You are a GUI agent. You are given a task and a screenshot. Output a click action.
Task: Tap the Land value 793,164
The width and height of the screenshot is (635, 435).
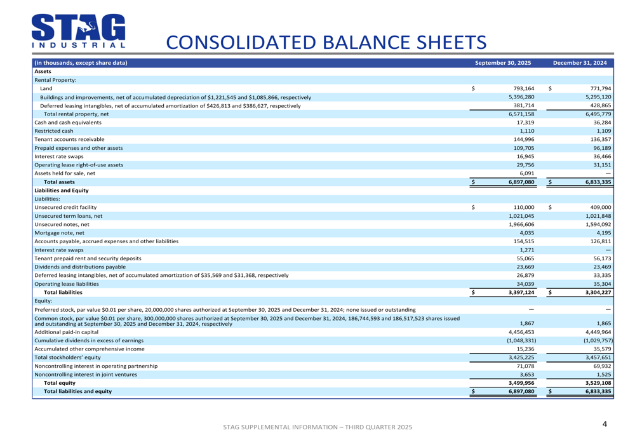(523, 88)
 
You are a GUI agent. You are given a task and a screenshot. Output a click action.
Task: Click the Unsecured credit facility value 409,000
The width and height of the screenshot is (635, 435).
(600, 207)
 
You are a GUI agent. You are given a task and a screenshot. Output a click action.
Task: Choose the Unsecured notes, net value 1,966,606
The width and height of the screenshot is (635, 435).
(521, 224)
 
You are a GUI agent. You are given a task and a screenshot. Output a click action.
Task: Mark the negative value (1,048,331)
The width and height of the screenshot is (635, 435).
(519, 340)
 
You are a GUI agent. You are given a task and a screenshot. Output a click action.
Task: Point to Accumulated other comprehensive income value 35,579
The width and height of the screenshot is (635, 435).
(600, 349)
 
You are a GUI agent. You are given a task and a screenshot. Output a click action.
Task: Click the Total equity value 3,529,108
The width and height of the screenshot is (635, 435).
(598, 383)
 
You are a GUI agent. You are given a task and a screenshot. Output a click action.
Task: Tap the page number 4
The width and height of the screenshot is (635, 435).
(605, 424)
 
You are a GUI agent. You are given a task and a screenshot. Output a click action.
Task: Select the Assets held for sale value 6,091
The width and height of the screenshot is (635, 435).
(526, 173)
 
